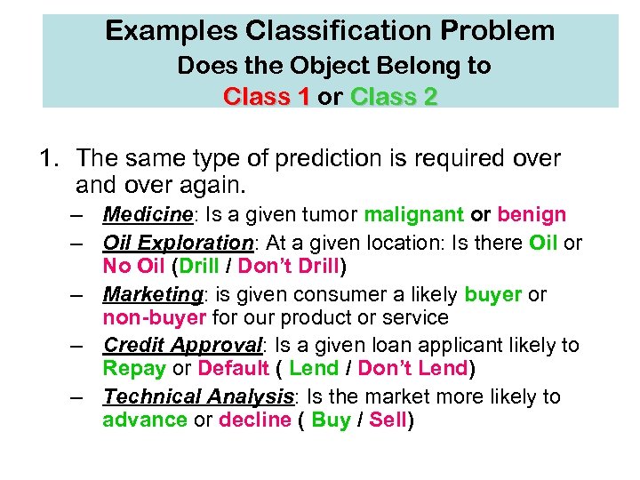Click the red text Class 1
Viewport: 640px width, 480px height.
[x=266, y=96]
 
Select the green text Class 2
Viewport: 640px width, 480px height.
[x=394, y=96]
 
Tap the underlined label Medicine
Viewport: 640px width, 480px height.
[x=148, y=214]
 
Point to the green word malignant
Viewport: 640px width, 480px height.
[x=413, y=214]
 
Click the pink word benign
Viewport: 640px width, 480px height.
[x=532, y=214]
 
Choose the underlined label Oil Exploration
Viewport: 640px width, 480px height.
[x=178, y=242]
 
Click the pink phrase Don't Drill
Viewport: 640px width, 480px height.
[x=288, y=266]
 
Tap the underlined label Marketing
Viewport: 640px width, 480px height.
[x=152, y=293]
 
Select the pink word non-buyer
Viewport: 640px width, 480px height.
[x=154, y=317]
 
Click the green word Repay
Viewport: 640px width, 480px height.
[x=134, y=368]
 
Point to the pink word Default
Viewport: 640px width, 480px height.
[x=234, y=368]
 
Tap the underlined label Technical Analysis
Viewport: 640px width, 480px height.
[x=198, y=396]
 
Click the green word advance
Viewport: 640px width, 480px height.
[x=145, y=420]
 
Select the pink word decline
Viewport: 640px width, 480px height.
[x=254, y=420]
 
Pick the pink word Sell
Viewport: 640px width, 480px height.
[x=387, y=420]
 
